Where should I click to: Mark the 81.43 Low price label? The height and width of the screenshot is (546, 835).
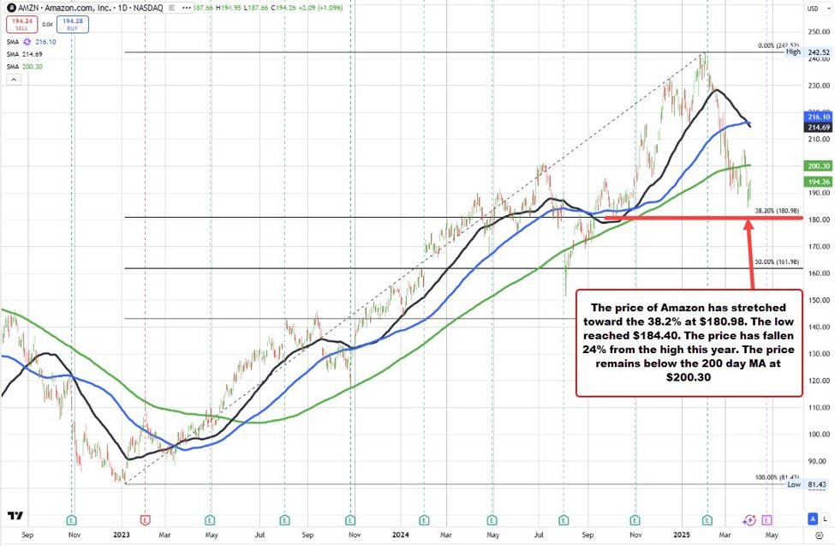(x=817, y=484)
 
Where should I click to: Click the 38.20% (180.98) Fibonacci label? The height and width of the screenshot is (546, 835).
(x=777, y=210)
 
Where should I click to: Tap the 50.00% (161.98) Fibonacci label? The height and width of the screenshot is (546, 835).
(x=777, y=261)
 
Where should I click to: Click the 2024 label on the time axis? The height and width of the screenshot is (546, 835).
(x=399, y=535)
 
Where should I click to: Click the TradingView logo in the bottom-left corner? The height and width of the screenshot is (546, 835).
(x=15, y=516)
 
